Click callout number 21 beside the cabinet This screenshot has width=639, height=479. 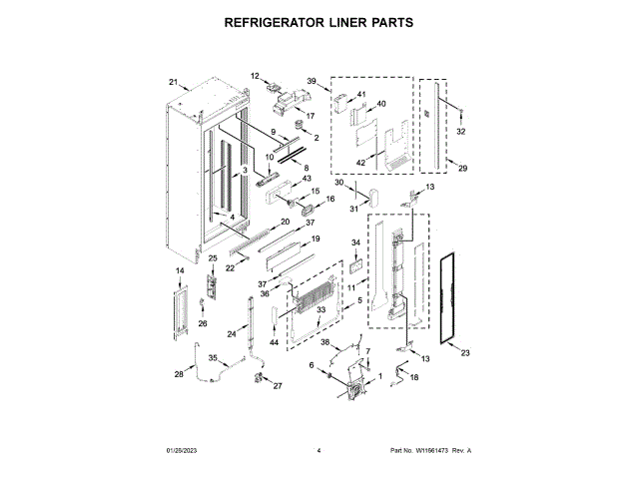point(173,82)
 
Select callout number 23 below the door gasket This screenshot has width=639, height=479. point(464,350)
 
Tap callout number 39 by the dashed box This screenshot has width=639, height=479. point(311,80)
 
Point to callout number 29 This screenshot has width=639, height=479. point(462,169)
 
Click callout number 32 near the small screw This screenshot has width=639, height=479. point(460,132)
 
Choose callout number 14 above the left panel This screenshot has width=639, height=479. point(180,271)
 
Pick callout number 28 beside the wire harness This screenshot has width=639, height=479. point(179,374)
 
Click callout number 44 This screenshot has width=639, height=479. point(274,342)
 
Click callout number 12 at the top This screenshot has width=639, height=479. point(254,76)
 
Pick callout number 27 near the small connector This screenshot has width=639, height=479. point(278,385)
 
